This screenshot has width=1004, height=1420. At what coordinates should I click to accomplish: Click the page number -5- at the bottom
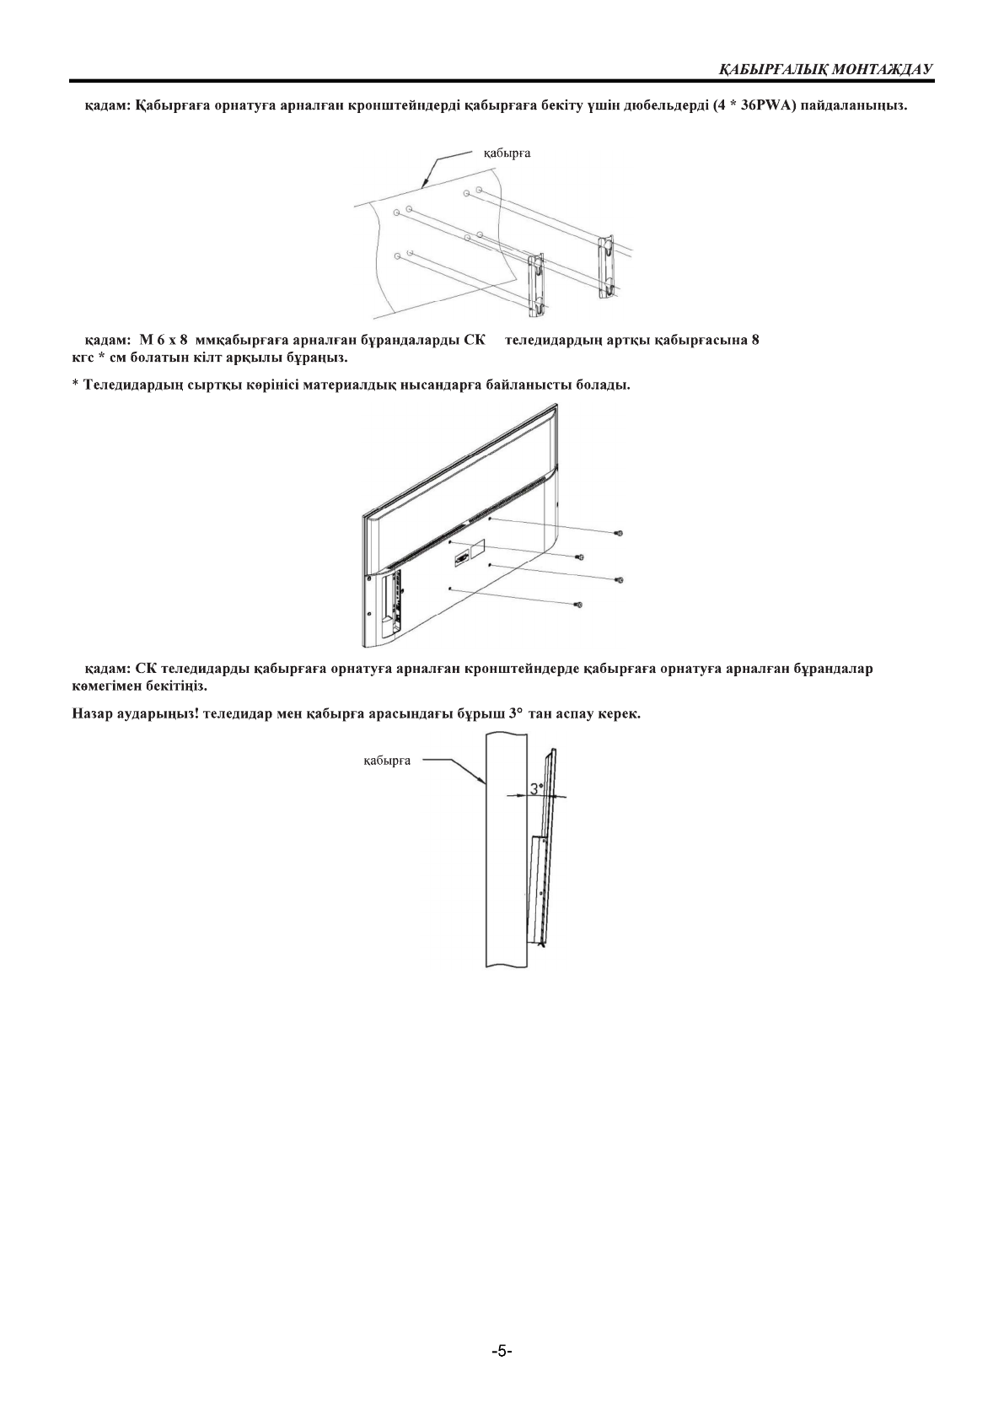tap(502, 1351)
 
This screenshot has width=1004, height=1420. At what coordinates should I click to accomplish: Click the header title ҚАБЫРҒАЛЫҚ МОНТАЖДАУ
tap(825, 68)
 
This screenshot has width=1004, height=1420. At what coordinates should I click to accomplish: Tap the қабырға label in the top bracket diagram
tap(507, 153)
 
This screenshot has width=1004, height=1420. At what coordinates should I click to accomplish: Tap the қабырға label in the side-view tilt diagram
tap(387, 761)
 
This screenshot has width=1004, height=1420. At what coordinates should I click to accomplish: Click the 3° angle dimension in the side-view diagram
tap(536, 790)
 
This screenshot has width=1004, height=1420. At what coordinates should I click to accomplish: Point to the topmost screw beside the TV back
tap(619, 533)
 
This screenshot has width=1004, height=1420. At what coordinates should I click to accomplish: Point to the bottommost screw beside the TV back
tap(577, 605)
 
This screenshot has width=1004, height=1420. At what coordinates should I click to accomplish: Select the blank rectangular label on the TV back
tap(477, 549)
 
